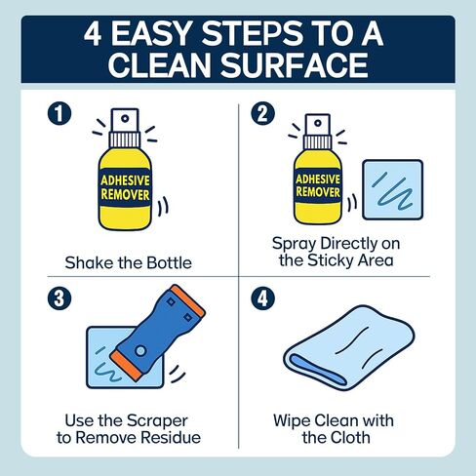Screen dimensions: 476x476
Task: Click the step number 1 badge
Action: (x=59, y=114)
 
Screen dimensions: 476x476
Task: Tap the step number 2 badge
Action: (x=262, y=113)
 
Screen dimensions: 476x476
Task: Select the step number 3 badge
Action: (x=59, y=298)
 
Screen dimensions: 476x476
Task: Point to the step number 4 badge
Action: (x=262, y=298)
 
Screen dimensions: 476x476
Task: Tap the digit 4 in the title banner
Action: (x=93, y=34)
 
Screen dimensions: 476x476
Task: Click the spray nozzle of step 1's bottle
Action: (x=125, y=120)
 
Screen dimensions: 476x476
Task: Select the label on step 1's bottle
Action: (x=125, y=187)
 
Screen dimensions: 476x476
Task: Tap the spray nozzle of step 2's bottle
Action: (x=318, y=125)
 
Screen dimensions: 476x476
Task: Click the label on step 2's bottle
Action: (x=318, y=185)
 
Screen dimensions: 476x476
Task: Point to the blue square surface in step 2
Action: (x=393, y=189)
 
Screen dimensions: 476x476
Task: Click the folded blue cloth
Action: (x=349, y=347)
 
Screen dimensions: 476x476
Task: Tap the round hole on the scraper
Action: (x=140, y=351)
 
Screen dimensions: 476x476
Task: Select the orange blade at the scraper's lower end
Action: (x=127, y=366)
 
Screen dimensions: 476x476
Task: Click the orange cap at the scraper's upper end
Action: (x=188, y=300)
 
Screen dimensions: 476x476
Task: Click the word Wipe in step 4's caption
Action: (x=292, y=420)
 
